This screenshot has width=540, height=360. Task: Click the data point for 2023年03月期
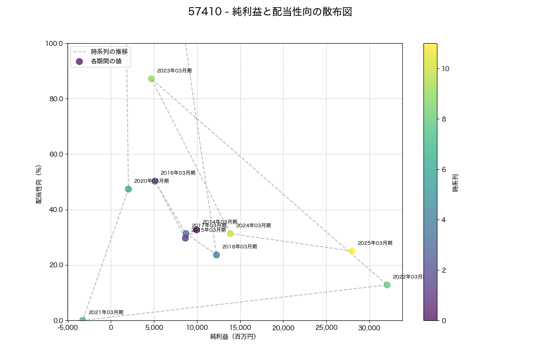coord(151,79)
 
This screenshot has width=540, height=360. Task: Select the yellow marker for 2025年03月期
coord(352,251)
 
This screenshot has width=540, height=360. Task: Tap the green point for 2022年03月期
coord(387,285)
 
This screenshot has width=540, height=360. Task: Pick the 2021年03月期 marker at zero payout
coord(82,320)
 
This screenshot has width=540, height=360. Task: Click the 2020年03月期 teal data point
coord(128,189)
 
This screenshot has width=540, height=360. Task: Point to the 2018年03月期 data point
coord(216,255)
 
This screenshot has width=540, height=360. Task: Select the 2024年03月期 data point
coord(230,234)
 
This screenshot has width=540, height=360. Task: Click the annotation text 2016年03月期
coord(178,173)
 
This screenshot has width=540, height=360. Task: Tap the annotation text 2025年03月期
coord(375,243)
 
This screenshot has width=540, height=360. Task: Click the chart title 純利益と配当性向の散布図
coord(270,12)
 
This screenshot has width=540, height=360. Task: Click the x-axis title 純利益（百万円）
coord(233,337)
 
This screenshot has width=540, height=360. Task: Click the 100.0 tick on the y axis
coord(54,43)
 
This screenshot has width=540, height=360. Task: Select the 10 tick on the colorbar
coord(445,69)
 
